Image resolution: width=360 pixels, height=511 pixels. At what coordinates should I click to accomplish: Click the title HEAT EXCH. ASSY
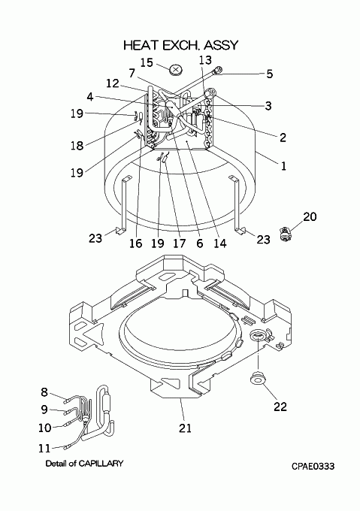(x=181, y=45)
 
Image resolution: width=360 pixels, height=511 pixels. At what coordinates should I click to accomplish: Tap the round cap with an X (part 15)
(x=176, y=69)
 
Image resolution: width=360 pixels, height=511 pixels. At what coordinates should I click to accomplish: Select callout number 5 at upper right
(x=269, y=74)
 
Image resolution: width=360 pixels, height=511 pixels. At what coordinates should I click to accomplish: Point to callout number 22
(x=280, y=407)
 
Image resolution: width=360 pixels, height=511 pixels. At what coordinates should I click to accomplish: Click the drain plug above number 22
(x=257, y=379)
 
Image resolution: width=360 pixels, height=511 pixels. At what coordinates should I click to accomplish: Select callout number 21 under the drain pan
(x=185, y=428)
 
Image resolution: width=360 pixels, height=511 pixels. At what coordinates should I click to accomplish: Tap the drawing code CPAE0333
(x=313, y=467)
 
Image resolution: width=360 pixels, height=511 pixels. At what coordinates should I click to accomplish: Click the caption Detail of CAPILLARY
(x=84, y=463)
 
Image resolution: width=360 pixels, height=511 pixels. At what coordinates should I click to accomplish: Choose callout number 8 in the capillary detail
(x=44, y=392)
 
